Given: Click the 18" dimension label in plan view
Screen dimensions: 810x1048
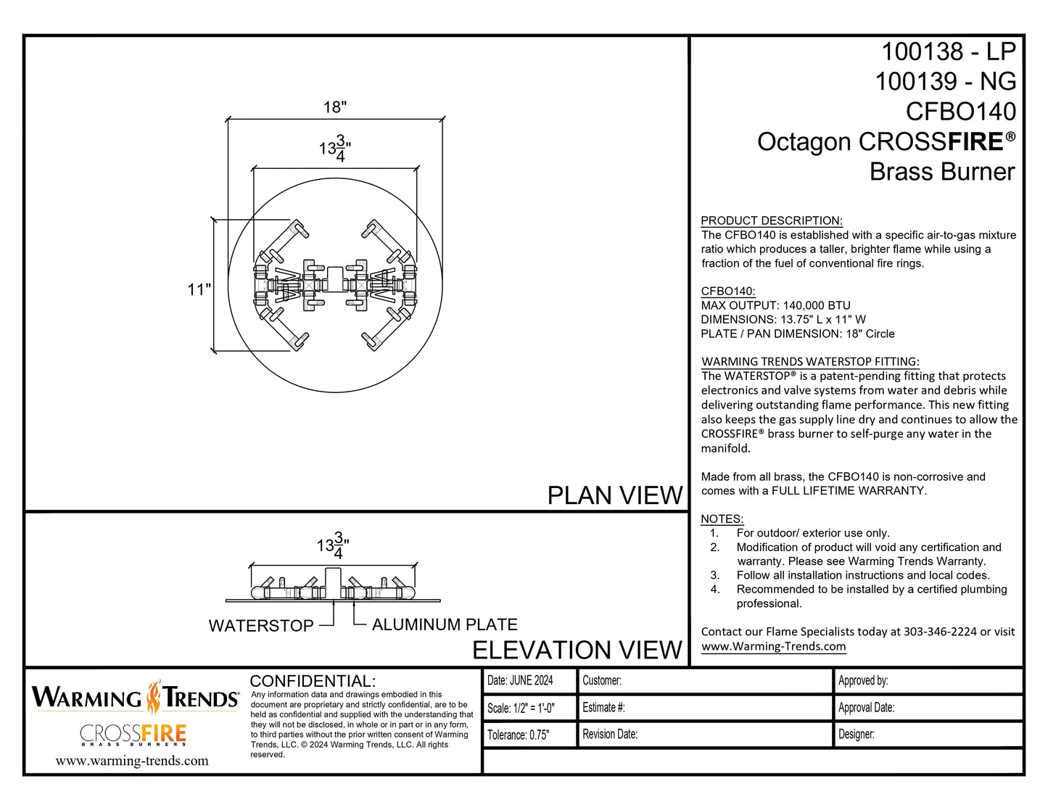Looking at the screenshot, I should pyautogui.click(x=335, y=107).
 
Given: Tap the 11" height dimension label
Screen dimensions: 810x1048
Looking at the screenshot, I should pyautogui.click(x=199, y=290).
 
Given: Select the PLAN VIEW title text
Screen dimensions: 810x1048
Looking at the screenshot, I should pyautogui.click(x=614, y=495).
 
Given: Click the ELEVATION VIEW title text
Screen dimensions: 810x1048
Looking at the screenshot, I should pyautogui.click(x=577, y=650).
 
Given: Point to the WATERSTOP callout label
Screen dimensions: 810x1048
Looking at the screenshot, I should pyautogui.click(x=261, y=626).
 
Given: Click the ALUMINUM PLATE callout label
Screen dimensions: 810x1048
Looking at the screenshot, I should pyautogui.click(x=445, y=624).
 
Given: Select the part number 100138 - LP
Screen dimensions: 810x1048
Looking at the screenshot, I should pyautogui.click(x=948, y=51).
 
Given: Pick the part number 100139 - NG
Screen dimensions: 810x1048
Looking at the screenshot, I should pyautogui.click(x=945, y=81).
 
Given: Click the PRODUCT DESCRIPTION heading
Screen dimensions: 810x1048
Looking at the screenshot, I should pyautogui.click(x=771, y=220).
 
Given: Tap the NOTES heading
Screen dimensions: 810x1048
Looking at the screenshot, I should pyautogui.click(x=722, y=518).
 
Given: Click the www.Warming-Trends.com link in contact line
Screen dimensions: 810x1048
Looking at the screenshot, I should pyautogui.click(x=773, y=646).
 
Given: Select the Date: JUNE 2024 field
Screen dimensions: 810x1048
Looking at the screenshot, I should pyautogui.click(x=520, y=680).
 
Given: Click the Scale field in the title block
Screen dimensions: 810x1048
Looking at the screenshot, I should pyautogui.click(x=521, y=708).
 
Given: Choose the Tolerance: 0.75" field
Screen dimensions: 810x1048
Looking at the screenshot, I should pyautogui.click(x=518, y=735).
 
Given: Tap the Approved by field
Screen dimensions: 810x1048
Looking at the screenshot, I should pyautogui.click(x=863, y=680).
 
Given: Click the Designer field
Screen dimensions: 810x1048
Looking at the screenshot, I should pyautogui.click(x=857, y=734).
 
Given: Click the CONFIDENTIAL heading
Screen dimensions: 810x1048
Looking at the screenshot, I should pyautogui.click(x=313, y=681).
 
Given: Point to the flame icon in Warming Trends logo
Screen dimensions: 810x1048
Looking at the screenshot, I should pyautogui.click(x=154, y=697).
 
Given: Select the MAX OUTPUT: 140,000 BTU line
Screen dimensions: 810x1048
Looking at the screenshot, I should pyautogui.click(x=775, y=305).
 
